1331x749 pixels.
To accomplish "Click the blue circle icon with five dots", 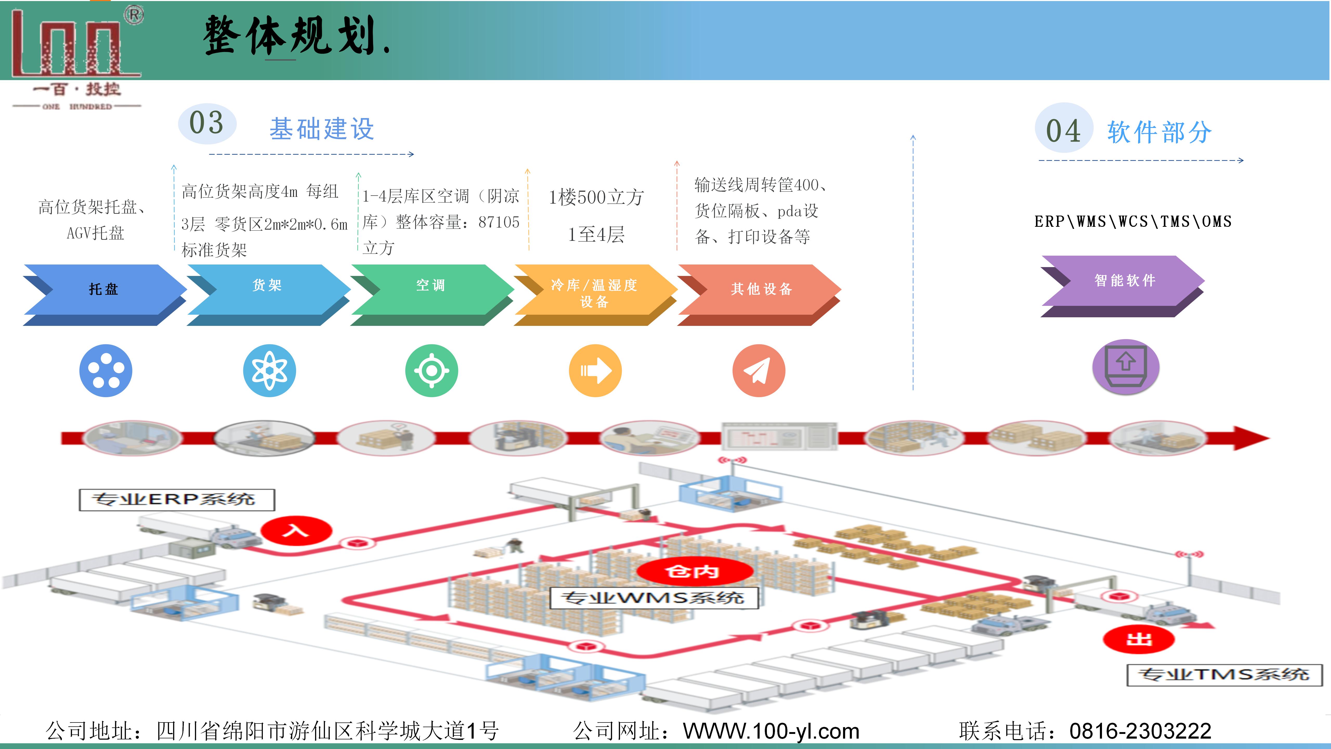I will (106, 371).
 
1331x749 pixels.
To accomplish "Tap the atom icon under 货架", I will (269, 371).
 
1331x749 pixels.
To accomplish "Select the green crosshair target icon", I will (432, 371).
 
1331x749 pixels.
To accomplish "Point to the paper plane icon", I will (759, 371).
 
